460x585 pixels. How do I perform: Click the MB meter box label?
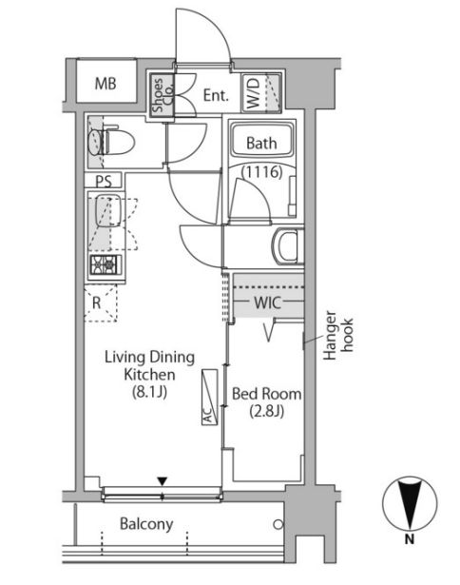coord(105,84)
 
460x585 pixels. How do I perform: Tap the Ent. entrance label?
coord(216,95)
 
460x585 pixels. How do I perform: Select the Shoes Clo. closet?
coord(163,95)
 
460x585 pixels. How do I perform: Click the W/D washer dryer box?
coord(260,92)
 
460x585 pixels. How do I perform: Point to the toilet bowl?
coord(112,142)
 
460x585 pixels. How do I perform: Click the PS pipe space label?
coord(104,182)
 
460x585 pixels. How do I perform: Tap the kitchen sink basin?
coord(108,211)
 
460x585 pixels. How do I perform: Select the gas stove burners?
coord(104,264)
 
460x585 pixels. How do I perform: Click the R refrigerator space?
coord(101,302)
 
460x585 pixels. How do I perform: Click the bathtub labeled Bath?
coord(261,141)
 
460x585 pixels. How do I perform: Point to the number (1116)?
coord(262,172)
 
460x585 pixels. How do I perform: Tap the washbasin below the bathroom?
coord(288,246)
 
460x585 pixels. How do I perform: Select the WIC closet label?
coord(267,302)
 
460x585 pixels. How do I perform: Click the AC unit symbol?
coord(210,398)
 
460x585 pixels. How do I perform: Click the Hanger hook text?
coord(337,335)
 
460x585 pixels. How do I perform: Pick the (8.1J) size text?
coord(149,392)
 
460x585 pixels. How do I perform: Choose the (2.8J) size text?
coord(266,412)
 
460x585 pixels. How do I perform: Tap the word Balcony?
coord(146,524)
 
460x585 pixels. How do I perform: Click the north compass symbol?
coord(410,503)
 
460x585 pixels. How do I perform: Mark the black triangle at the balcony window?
coord(162,481)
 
